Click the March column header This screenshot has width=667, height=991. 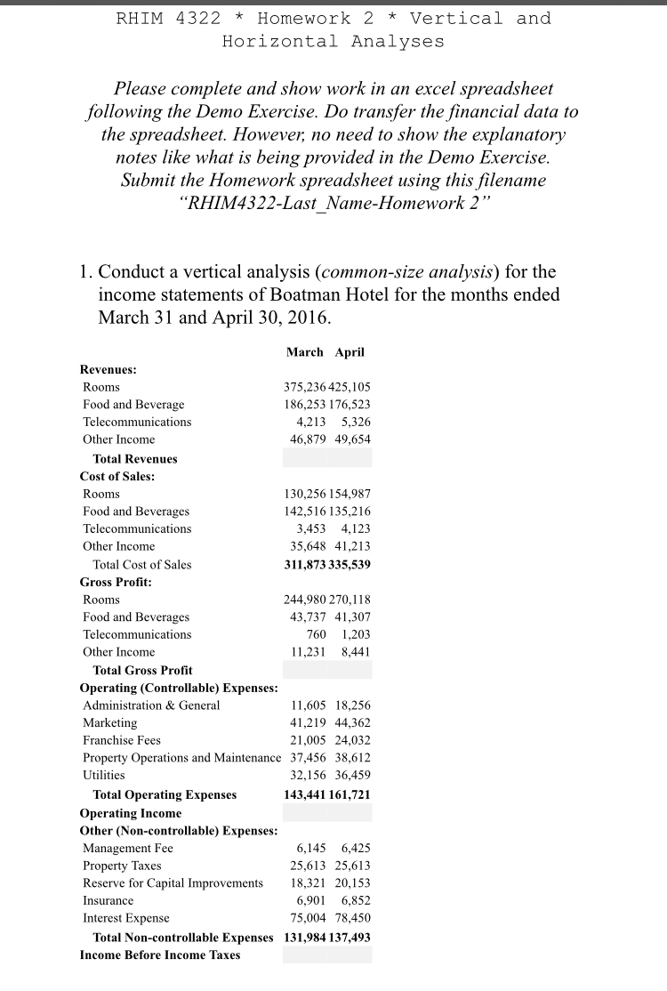[x=304, y=352]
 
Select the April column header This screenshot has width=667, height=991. [x=350, y=352]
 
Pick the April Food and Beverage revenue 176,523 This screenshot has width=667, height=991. [x=350, y=405]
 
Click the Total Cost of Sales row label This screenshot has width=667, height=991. [x=141, y=564]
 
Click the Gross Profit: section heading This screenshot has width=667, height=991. [x=116, y=582]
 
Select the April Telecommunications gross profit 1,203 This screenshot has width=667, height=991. [x=355, y=634]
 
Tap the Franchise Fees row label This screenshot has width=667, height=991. [x=122, y=740]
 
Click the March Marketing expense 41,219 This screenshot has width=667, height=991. [x=309, y=722]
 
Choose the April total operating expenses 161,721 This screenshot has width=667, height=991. [x=350, y=794]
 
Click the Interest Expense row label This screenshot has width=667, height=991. [x=125, y=917]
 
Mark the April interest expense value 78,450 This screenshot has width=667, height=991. [x=353, y=917]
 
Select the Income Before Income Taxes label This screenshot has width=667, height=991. [x=159, y=955]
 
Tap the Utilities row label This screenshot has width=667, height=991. [x=104, y=776]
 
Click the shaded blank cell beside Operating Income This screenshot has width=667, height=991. [x=327, y=813]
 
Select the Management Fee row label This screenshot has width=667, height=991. [x=128, y=848]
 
